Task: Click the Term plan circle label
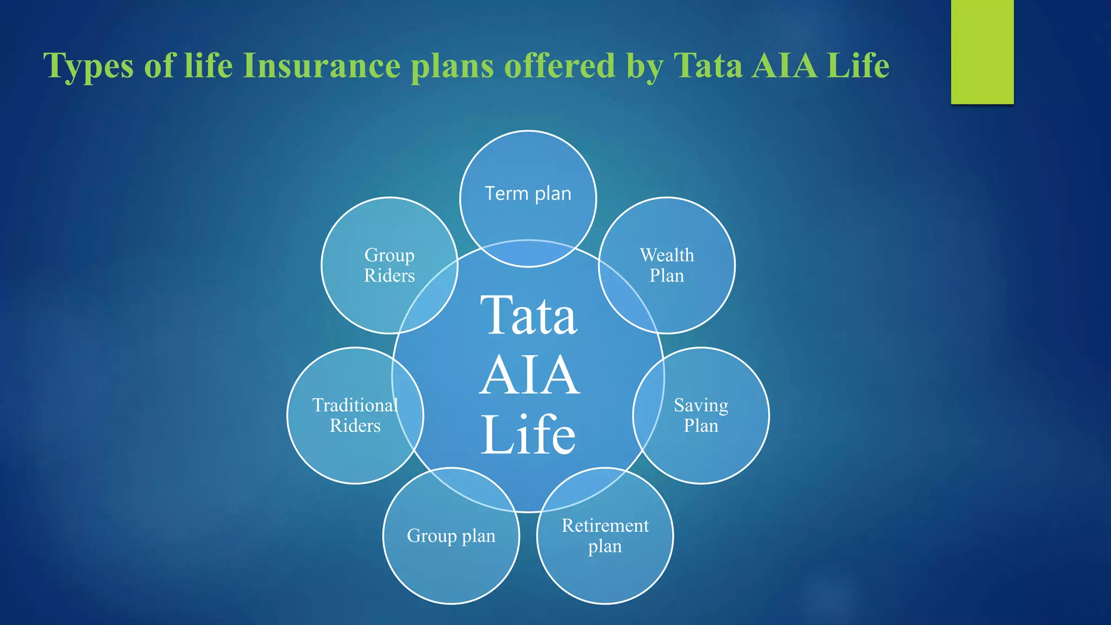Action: pyautogui.click(x=528, y=194)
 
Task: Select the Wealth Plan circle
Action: pyautogui.click(x=667, y=265)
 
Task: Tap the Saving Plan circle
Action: pyautogui.click(x=701, y=416)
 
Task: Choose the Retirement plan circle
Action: pyautogui.click(x=605, y=535)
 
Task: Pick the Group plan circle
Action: pyautogui.click(x=451, y=536)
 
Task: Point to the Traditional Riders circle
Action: pyautogui.click(x=355, y=416)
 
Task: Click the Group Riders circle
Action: pyautogui.click(x=389, y=265)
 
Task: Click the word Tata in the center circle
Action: pyautogui.click(x=528, y=316)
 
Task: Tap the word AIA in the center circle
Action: pyautogui.click(x=529, y=375)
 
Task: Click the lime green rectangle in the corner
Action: pyautogui.click(x=982, y=52)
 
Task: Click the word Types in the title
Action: pyautogui.click(x=88, y=66)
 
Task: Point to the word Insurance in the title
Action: pyautogui.click(x=322, y=66)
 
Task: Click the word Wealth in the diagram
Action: pyautogui.click(x=667, y=255)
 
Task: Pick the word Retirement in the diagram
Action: pyautogui.click(x=605, y=526)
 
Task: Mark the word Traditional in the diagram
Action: pyautogui.click(x=355, y=405)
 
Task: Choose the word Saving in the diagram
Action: pyautogui.click(x=701, y=406)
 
